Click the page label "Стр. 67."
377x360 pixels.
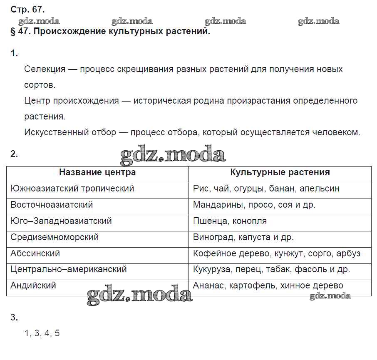[27, 9]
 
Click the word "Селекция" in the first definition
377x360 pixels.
[45, 69]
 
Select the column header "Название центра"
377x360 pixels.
[97, 172]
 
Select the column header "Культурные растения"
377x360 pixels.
[280, 172]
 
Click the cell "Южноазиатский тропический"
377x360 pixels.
[72, 189]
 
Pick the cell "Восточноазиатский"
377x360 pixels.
[52, 205]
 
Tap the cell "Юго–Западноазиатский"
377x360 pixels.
[61, 221]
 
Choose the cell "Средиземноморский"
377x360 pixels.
[55, 237]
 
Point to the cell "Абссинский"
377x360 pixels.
[35, 253]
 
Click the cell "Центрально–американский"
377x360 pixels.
[69, 270]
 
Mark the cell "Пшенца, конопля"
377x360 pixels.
[230, 221]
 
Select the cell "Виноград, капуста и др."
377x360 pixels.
[243, 237]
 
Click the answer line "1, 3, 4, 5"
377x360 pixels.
[42, 333]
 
